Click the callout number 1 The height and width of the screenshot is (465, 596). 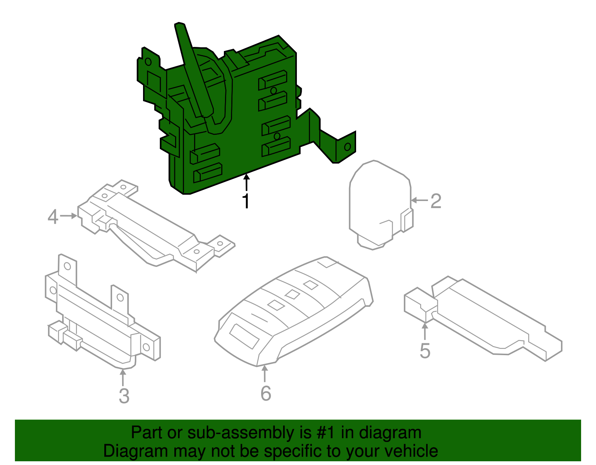point(246,201)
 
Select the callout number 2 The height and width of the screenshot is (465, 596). point(436,201)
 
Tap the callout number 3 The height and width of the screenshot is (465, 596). point(124,396)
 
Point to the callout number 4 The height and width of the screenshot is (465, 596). point(53,217)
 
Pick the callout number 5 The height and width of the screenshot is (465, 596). point(425,351)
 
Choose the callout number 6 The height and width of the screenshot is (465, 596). point(266,394)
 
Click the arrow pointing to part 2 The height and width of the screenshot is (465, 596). point(419,200)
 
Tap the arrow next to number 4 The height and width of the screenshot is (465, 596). point(69,216)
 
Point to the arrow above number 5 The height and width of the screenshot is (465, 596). point(425,331)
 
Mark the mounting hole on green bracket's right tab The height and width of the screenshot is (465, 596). point(347,147)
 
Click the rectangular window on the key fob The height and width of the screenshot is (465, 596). point(244,336)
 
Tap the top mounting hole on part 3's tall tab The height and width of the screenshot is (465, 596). point(67,266)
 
